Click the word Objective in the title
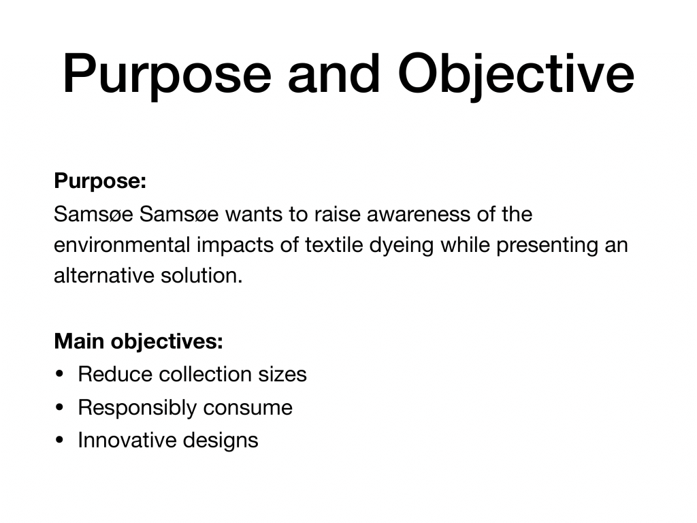(x=516, y=75)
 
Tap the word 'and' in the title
(x=334, y=74)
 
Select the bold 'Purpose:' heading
(x=100, y=181)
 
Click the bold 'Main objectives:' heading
(x=138, y=342)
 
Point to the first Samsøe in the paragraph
(x=93, y=215)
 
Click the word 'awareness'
(x=419, y=215)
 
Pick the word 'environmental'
(x=122, y=245)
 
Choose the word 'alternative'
(x=104, y=276)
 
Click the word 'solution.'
(x=201, y=276)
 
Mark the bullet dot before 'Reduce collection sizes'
(x=60, y=374)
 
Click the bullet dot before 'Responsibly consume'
(x=60, y=407)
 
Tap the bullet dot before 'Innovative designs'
(x=60, y=441)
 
